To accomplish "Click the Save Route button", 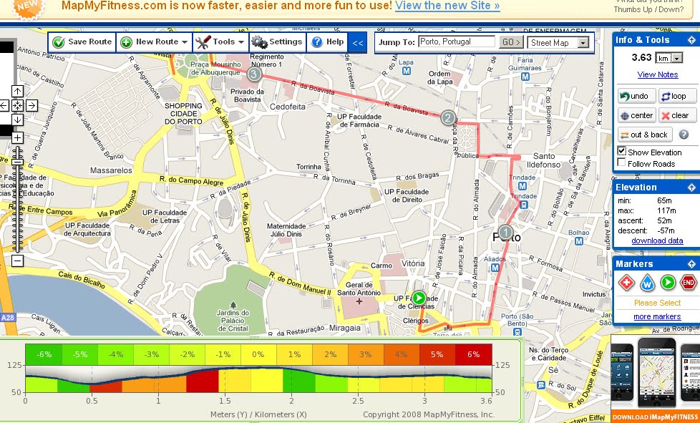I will [82, 42].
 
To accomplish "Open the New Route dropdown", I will [154, 42].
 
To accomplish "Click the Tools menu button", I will [220, 42].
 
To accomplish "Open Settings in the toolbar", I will [277, 42].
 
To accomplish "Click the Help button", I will [327, 42].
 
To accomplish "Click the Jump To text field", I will [457, 42].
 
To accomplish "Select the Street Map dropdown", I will [559, 43].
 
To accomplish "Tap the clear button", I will [674, 115].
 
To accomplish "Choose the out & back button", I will [644, 135].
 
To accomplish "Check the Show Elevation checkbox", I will [622, 152].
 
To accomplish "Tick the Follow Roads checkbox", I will [622, 164].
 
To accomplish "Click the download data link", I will [657, 240].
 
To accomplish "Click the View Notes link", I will [658, 74].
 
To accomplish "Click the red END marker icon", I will [688, 283].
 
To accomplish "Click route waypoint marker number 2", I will [448, 118].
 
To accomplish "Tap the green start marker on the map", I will [419, 298].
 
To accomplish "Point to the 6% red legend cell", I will [474, 354].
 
